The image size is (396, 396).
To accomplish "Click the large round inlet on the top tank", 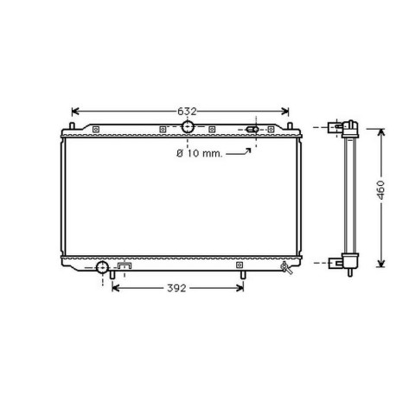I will coord(188,128).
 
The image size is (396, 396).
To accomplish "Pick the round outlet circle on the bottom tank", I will coord(102,266).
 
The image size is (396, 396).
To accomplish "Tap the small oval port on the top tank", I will coord(253,130).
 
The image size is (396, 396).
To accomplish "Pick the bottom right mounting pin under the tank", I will coord(245,274).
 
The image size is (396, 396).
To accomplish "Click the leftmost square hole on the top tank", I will coord(95,130).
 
